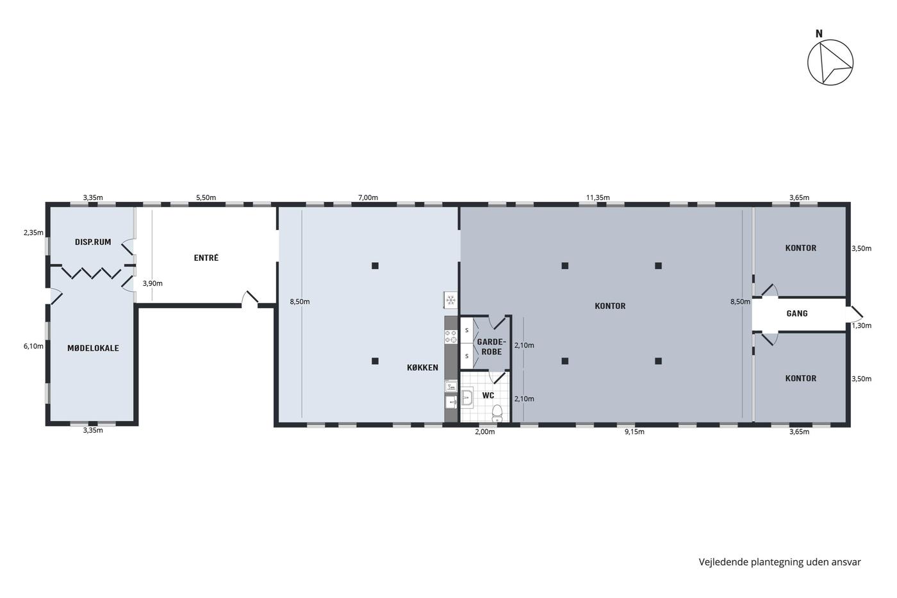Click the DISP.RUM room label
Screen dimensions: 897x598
tap(93, 242)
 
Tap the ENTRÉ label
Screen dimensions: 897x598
tap(206, 258)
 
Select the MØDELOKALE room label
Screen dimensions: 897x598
tap(93, 348)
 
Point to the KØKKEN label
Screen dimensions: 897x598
tap(422, 367)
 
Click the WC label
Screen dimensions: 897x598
tap(488, 395)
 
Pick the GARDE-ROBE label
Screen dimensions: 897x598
tap(491, 347)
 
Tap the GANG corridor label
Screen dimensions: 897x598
tap(797, 313)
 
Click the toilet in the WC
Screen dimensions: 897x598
tap(497, 413)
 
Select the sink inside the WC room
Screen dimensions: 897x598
tap(467, 397)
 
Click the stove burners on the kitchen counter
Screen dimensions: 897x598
tap(451, 336)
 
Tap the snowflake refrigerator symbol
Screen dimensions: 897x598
tap(451, 299)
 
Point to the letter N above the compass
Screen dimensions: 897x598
tap(819, 34)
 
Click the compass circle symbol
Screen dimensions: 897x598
tap(830, 40)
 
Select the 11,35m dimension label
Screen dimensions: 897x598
tap(598, 197)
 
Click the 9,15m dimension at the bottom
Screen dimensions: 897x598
tap(634, 432)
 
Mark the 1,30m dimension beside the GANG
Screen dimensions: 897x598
tap(861, 326)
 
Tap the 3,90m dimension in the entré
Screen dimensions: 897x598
tap(152, 283)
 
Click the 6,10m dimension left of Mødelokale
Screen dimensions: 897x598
tap(33, 346)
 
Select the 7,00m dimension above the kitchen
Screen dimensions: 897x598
tap(368, 197)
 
